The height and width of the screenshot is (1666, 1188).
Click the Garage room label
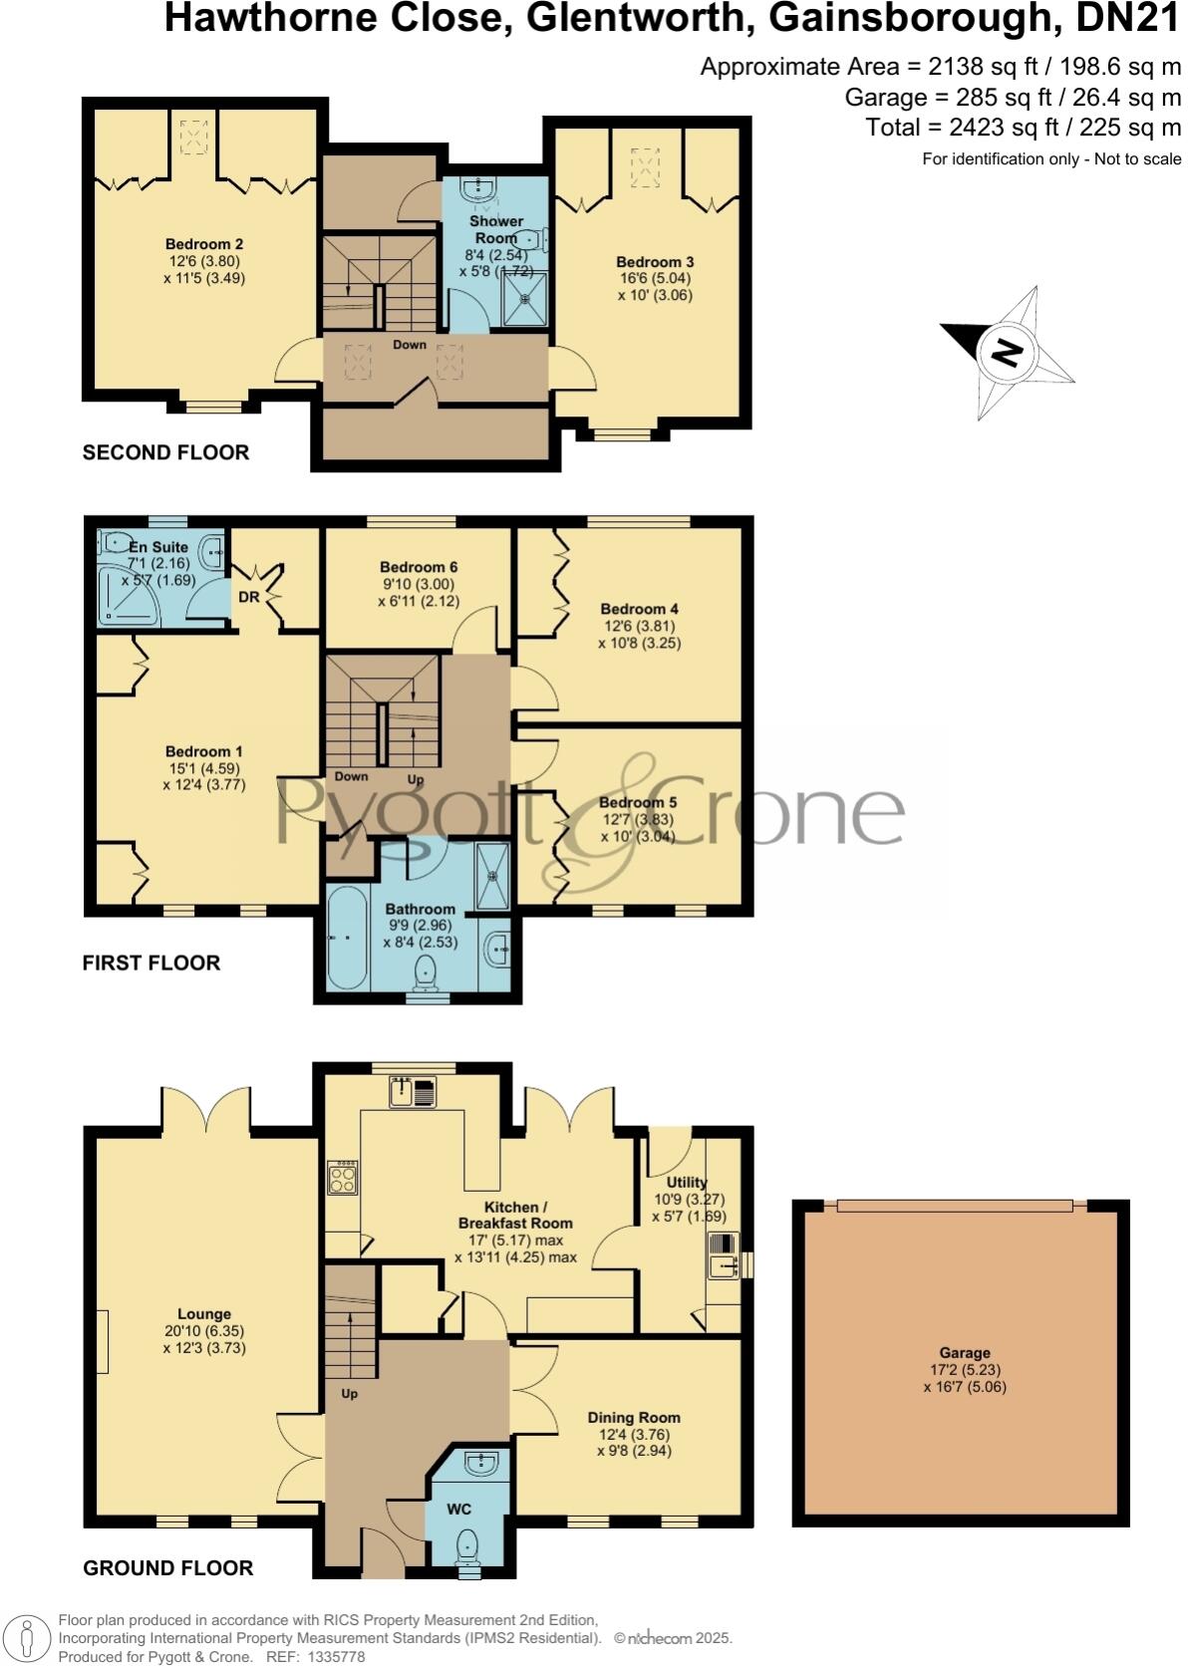tap(964, 1352)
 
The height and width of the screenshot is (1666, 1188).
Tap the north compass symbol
tap(1008, 352)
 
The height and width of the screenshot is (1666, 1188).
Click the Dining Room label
tap(634, 1417)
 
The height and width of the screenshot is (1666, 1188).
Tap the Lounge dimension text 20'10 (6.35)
tap(204, 1330)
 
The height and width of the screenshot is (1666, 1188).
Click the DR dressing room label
tap(248, 597)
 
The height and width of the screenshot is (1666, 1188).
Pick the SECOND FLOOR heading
tap(165, 452)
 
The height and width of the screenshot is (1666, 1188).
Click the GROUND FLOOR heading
tap(167, 1567)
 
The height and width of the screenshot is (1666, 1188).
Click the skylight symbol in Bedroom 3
tap(648, 166)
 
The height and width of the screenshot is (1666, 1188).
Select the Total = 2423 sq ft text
tap(1024, 128)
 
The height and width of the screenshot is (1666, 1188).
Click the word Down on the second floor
tap(409, 345)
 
